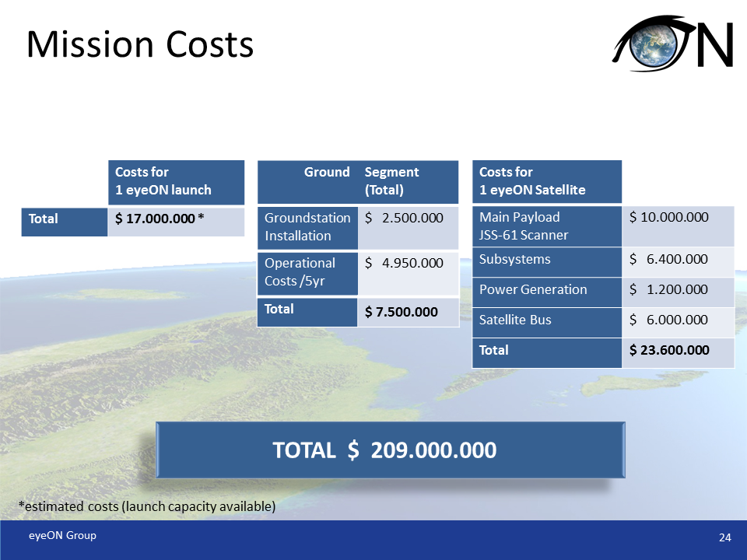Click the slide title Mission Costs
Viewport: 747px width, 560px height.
140,45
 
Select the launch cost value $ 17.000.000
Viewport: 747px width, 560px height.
159,219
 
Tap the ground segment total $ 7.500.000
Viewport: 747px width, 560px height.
402,312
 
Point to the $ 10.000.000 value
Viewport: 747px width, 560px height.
669,217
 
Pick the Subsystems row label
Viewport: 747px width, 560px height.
515,259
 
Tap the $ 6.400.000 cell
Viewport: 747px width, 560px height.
669,259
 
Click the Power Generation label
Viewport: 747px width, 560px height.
533,289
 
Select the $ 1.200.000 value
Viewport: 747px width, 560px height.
669,289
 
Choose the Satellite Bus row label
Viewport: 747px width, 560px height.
515,320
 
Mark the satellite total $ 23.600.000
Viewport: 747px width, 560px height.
669,350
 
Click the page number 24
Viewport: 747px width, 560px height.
724,538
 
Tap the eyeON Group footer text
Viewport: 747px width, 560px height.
63,535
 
